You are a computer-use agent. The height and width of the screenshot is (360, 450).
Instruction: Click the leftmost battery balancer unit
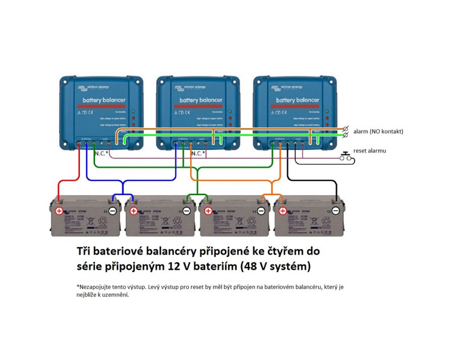102,112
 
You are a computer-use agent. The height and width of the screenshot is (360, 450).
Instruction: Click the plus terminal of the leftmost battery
58,211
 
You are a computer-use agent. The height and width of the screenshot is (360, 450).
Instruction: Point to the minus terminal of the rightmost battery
335,211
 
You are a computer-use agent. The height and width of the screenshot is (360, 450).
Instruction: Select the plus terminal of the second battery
133,211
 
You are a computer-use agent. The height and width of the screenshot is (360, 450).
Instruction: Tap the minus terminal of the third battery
261,211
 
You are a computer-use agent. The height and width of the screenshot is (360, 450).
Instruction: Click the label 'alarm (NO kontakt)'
379,131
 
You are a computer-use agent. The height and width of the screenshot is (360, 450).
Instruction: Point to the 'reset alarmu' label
369,151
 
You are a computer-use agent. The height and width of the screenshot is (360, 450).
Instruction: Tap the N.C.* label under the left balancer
102,153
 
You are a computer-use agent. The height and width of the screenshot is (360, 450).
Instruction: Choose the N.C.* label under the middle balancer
199,153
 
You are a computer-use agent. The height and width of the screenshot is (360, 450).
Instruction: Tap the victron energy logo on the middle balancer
190,87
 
